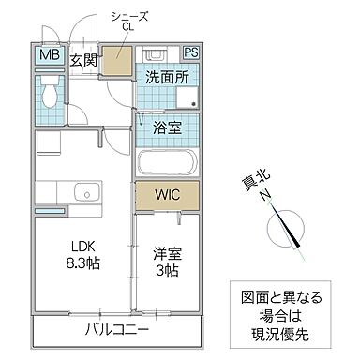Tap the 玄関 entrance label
coord(84,61)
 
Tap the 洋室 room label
coord(166,253)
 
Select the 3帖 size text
coord(167,271)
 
